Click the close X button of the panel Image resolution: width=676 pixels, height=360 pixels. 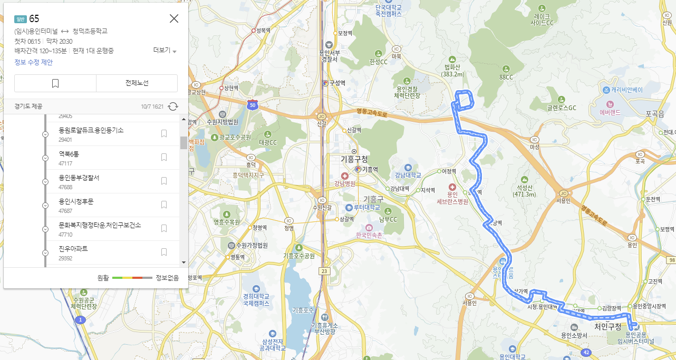pyautogui.click(x=174, y=19)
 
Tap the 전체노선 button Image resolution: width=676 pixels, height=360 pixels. pyautogui.click(x=137, y=83)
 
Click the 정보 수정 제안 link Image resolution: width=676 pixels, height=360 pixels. pyautogui.click(x=33, y=62)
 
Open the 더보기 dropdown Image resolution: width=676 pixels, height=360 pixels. pyautogui.click(x=165, y=51)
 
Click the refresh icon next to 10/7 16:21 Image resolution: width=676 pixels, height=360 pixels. pyautogui.click(x=173, y=106)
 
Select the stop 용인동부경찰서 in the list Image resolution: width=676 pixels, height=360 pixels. pyautogui.click(x=79, y=178)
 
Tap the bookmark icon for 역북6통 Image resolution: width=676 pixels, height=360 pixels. pyautogui.click(x=164, y=157)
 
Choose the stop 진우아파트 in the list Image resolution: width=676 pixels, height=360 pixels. pyautogui.click(x=73, y=248)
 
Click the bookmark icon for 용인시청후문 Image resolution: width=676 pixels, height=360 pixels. pyautogui.click(x=164, y=205)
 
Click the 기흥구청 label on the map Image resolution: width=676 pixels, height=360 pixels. pyautogui.click(x=354, y=159)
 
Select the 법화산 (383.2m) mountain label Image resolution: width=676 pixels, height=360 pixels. pyautogui.click(x=453, y=71)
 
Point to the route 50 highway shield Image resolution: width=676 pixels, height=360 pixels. pyautogui.click(x=253, y=105)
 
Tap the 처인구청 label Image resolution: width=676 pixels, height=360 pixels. pyautogui.click(x=608, y=327)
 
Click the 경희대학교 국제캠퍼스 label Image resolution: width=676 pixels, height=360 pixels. pyautogui.click(x=256, y=299)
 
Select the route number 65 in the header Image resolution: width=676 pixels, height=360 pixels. pyautogui.click(x=34, y=19)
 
